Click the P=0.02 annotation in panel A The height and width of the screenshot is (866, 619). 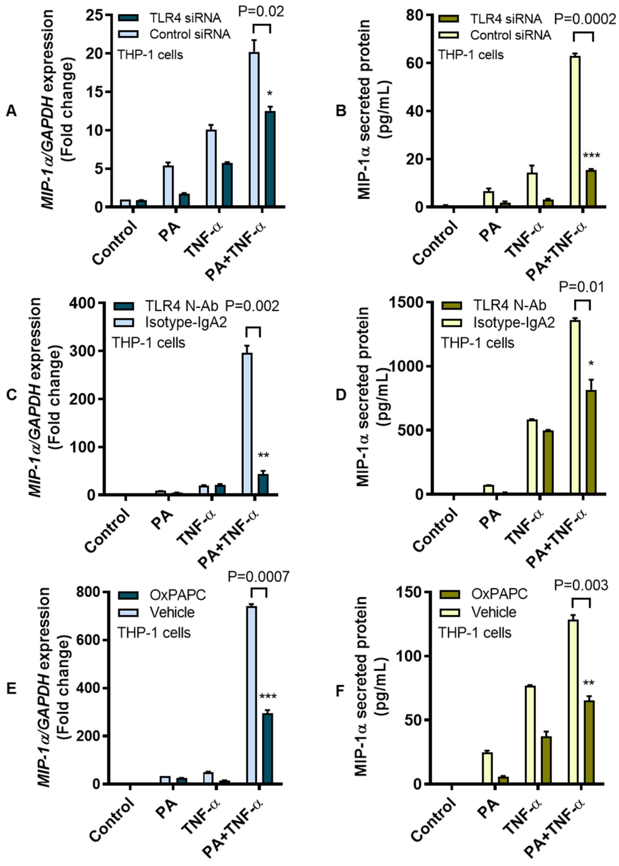coord(261,12)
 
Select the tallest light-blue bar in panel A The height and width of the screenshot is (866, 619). coord(254,130)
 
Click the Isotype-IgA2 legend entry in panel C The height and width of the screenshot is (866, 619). coord(186,323)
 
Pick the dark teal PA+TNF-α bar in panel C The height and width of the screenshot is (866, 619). coord(263,484)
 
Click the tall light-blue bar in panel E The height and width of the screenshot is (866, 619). coord(252,694)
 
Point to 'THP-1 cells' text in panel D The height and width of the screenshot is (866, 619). coord(478,343)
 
